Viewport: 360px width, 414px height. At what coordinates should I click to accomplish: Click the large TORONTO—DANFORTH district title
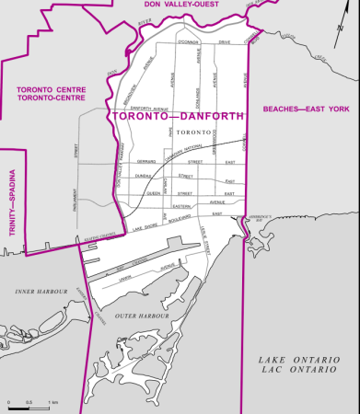pos(179,118)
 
